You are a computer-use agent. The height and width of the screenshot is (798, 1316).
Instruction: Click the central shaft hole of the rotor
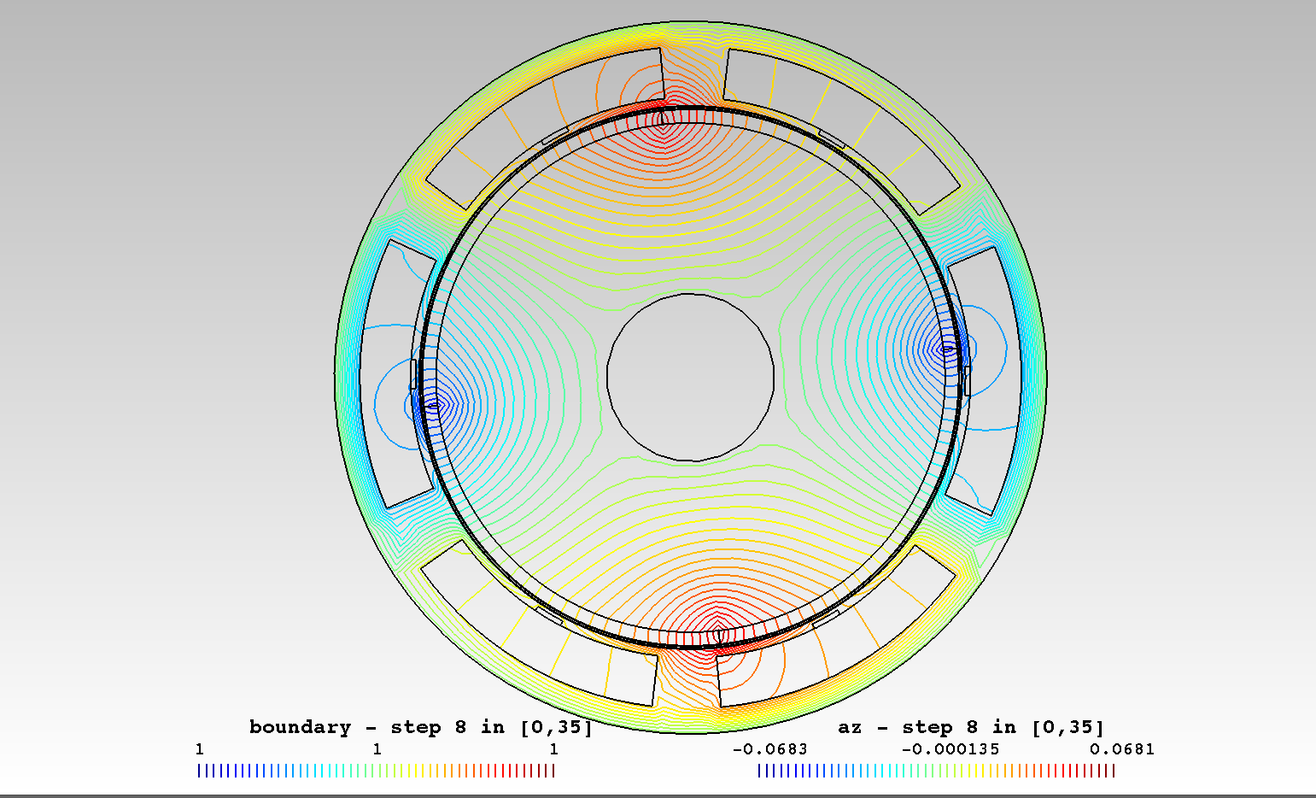click(690, 378)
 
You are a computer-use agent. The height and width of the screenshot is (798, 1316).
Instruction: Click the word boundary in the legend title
click(300, 727)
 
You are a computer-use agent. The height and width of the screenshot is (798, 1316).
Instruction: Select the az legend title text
click(850, 727)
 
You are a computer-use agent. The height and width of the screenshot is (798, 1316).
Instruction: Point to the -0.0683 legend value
click(769, 749)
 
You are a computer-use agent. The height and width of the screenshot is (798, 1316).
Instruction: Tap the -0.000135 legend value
click(950, 749)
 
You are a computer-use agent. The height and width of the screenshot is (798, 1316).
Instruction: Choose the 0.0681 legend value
click(1121, 749)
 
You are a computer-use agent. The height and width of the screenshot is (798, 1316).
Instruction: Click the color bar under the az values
click(936, 771)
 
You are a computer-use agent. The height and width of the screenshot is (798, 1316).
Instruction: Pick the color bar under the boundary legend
click(376, 771)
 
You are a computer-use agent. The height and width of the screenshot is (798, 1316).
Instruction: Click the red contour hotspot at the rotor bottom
click(718, 634)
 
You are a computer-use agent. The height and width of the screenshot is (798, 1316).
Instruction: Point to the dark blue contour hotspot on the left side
click(433, 406)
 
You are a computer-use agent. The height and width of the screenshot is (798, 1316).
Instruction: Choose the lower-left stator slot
click(529, 628)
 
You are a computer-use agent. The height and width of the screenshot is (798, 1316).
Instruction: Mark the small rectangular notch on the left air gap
click(413, 374)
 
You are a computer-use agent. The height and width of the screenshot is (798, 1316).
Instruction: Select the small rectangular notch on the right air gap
click(967, 381)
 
